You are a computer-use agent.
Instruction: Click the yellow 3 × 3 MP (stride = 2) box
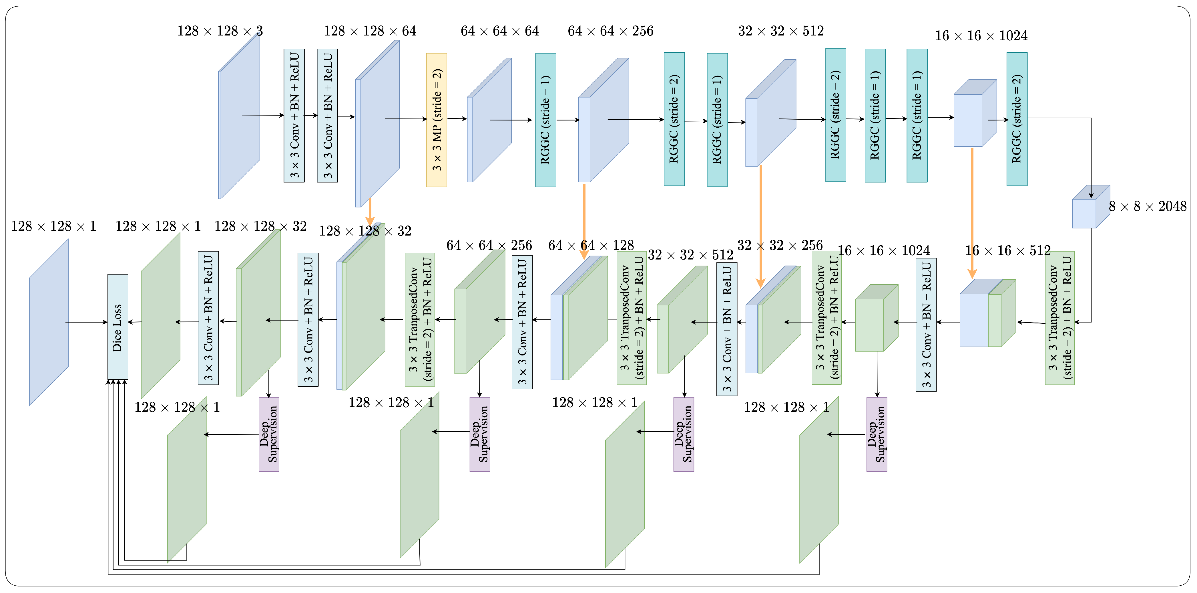tap(436, 120)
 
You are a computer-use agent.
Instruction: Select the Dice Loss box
tap(117, 327)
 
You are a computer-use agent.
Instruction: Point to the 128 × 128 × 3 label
tap(220, 31)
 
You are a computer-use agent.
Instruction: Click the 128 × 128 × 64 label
tap(370, 31)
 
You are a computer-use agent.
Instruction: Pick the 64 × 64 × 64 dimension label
tap(499, 31)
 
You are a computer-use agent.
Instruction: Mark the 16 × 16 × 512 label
tap(1007, 251)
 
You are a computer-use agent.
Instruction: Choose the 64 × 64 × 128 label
tap(591, 245)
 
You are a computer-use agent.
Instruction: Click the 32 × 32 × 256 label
tap(780, 245)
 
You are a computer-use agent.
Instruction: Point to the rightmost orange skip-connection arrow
tap(972, 211)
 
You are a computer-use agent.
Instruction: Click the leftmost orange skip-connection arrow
tap(370, 211)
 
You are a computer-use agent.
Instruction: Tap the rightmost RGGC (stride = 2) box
tap(1017, 119)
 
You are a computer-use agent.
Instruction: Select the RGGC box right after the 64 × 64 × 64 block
tap(545, 120)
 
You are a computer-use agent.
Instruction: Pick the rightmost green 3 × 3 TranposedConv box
tap(1059, 318)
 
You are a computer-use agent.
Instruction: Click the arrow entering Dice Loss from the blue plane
tap(86, 322)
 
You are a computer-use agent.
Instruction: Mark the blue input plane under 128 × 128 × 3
tap(239, 116)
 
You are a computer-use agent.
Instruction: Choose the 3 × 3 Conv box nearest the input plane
tap(294, 115)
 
